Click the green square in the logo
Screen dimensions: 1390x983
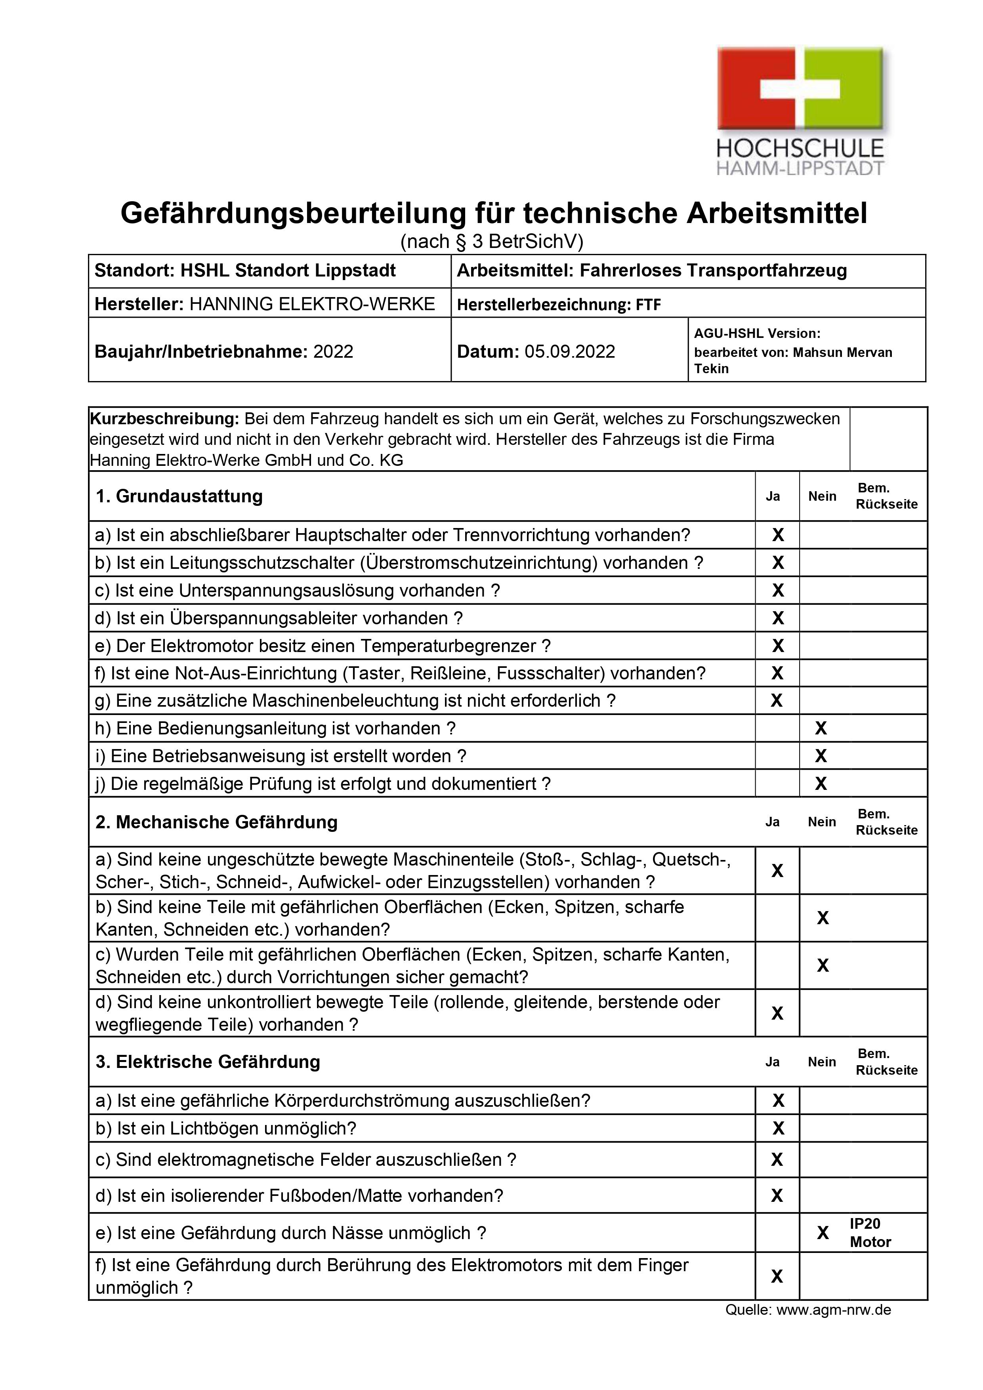click(851, 88)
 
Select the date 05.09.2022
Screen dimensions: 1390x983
click(569, 352)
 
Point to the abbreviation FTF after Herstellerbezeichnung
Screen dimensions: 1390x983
click(648, 305)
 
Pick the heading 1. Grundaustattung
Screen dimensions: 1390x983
click(179, 496)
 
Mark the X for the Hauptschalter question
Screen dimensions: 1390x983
click(778, 535)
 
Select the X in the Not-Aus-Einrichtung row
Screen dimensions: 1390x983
click(778, 673)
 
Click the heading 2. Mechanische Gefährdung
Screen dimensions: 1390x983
click(216, 822)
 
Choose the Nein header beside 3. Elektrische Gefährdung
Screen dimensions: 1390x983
click(821, 1062)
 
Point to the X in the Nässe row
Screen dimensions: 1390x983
click(823, 1233)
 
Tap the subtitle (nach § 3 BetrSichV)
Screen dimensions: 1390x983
click(491, 242)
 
